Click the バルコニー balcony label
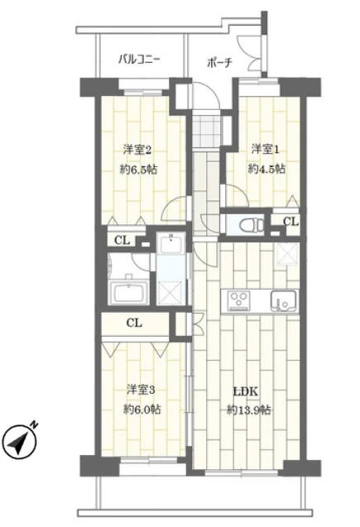pyautogui.click(x=138, y=60)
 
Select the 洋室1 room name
pyautogui.click(x=266, y=149)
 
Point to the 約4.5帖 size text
pyautogui.click(x=266, y=168)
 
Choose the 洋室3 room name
pyautogui.click(x=141, y=389)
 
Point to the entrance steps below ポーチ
pyautogui.click(x=210, y=128)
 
